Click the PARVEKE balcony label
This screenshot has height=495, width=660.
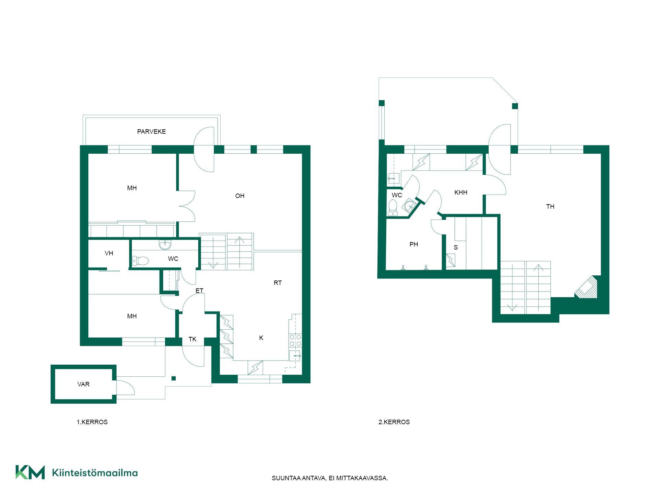pos(151,132)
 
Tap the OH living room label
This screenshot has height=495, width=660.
pos(240,196)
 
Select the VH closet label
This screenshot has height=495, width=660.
pos(109,253)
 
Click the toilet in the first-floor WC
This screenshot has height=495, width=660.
pos(141,261)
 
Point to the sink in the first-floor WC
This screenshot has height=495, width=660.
pos(165,245)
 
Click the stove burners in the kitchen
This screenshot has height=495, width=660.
pos(295,340)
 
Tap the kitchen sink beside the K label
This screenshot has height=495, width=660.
pos(295,356)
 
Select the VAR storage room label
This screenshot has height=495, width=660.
pos(84,384)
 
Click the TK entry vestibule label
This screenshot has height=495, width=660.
pos(192,339)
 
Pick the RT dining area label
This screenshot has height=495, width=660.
pos(278,283)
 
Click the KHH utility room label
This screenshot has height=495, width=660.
pos(461,192)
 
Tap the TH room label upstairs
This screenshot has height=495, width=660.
pos(550,207)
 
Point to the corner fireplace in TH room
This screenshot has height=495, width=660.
pos(587,288)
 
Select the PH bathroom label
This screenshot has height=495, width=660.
pos(414,244)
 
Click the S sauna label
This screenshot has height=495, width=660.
pos(456,247)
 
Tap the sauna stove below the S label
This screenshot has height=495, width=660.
pos(451,260)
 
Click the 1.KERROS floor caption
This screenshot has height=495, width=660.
pos(92,422)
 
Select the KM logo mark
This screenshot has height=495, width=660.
pos(30,472)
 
